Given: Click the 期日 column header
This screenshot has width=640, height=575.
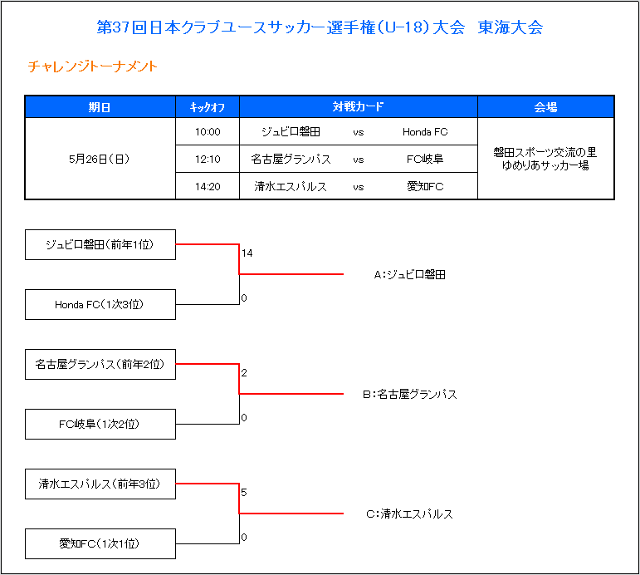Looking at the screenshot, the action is click(100, 107).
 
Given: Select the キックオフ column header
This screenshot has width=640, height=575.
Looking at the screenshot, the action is click(208, 107).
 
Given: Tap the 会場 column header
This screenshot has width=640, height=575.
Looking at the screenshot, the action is click(545, 107).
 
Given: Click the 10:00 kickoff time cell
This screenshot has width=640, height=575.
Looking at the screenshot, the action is click(208, 131).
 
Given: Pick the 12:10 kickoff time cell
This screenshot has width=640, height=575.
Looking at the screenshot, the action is click(208, 159).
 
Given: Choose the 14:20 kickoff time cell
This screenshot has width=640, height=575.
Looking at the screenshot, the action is click(208, 186).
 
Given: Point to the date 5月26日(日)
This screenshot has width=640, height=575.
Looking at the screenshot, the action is click(99, 159).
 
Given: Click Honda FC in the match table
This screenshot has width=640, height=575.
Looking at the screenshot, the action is click(425, 131).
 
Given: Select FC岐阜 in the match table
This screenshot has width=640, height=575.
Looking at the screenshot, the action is click(425, 159).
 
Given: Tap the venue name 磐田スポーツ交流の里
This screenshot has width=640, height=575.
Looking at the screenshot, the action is click(545, 152).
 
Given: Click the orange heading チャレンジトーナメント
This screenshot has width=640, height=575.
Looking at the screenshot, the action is click(93, 66).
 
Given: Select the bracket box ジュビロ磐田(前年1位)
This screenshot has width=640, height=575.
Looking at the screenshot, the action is click(100, 245).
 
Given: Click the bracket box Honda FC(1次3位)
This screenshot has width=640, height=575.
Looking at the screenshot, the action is click(100, 304).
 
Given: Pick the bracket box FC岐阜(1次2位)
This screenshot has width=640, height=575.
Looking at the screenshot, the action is click(100, 425).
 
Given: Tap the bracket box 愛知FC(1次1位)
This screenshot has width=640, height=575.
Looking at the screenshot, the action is click(100, 544).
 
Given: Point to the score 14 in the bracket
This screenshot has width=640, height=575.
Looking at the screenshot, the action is click(247, 253).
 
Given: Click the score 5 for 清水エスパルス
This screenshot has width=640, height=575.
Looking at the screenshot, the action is click(244, 493).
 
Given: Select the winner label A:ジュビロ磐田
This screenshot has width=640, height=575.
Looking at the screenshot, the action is click(410, 275).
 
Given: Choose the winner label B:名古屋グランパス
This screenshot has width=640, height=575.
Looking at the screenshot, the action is click(410, 395).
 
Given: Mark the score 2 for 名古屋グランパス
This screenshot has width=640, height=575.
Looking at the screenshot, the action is click(244, 373).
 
